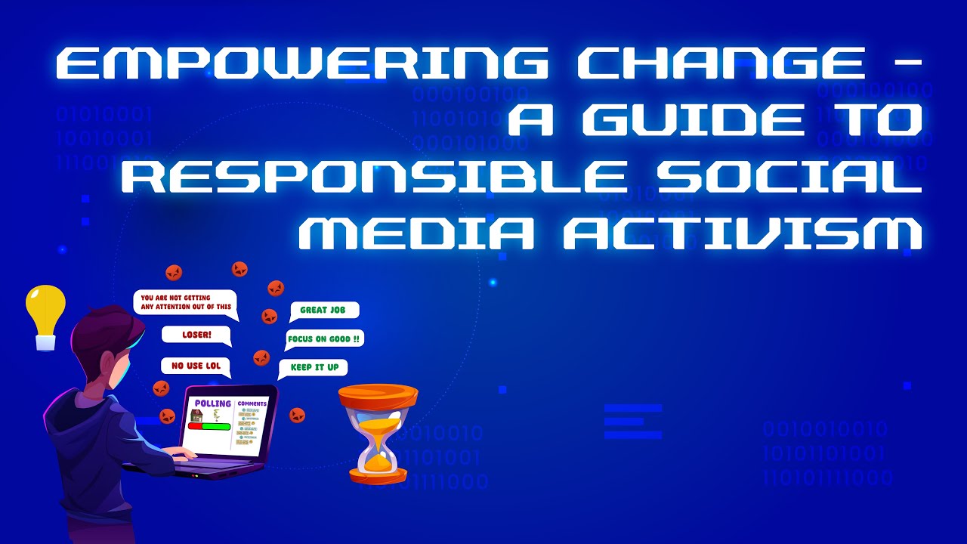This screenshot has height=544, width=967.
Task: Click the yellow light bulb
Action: (x=45, y=316)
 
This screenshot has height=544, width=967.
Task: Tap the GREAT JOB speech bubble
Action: (x=323, y=310)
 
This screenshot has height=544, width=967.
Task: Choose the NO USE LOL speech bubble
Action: (x=196, y=366)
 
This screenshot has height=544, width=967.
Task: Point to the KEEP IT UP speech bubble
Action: (x=313, y=368)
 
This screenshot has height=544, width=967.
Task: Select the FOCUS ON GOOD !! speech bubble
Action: (x=324, y=339)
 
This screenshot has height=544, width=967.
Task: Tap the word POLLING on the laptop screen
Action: (x=212, y=403)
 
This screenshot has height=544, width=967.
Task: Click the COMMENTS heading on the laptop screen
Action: (x=252, y=404)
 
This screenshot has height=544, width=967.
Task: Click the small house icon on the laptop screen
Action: (x=196, y=416)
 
